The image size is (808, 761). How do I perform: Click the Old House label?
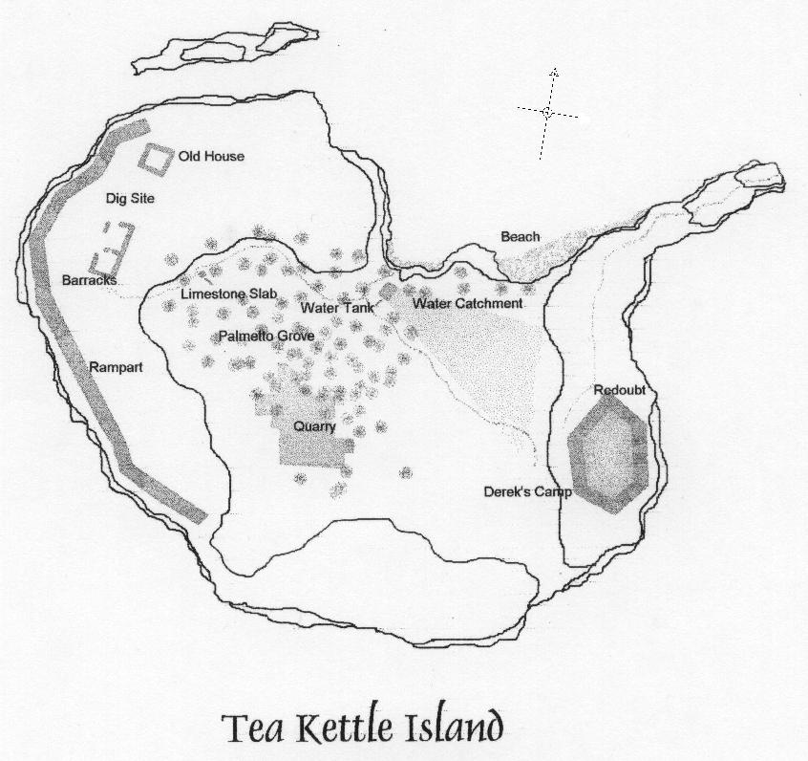coord(211,157)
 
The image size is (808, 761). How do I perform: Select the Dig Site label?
coord(130,199)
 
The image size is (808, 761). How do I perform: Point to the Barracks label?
coord(89,281)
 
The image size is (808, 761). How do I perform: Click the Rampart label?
coord(117,366)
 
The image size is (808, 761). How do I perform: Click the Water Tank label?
coord(336,309)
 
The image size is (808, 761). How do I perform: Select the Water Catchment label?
coord(467,304)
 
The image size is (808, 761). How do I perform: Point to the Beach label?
coord(520,237)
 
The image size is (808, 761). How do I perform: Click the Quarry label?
coord(314,427)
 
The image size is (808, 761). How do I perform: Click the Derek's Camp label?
coord(527,492)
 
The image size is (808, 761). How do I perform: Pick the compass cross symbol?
coord(548,113)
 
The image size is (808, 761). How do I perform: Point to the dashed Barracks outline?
coord(112,248)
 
